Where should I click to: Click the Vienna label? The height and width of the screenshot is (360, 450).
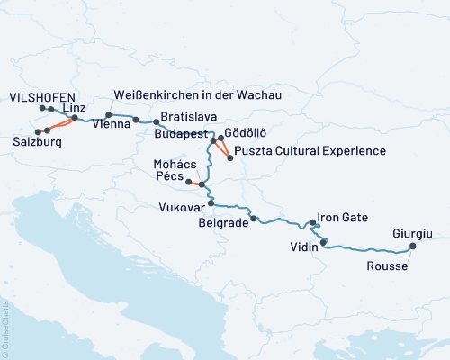(108, 127)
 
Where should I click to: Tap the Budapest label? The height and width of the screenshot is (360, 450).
(180, 132)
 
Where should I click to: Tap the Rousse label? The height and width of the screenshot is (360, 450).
(386, 266)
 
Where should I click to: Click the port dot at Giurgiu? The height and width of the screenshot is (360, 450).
(413, 247)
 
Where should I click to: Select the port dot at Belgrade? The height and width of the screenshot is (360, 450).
(254, 219)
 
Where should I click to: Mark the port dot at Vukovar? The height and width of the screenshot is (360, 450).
(211, 203)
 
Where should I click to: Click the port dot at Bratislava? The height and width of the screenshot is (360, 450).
(155, 121)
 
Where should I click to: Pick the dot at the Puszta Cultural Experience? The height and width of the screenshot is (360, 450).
(230, 158)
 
